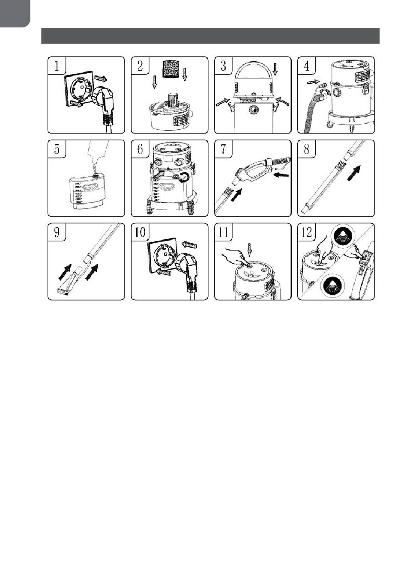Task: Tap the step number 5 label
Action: click(57, 149)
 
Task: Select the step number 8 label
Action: click(306, 149)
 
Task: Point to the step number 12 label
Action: click(306, 232)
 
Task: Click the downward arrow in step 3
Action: click(275, 69)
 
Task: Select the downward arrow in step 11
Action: click(249, 249)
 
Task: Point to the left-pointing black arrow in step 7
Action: click(281, 175)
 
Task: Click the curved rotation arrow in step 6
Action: click(185, 177)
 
